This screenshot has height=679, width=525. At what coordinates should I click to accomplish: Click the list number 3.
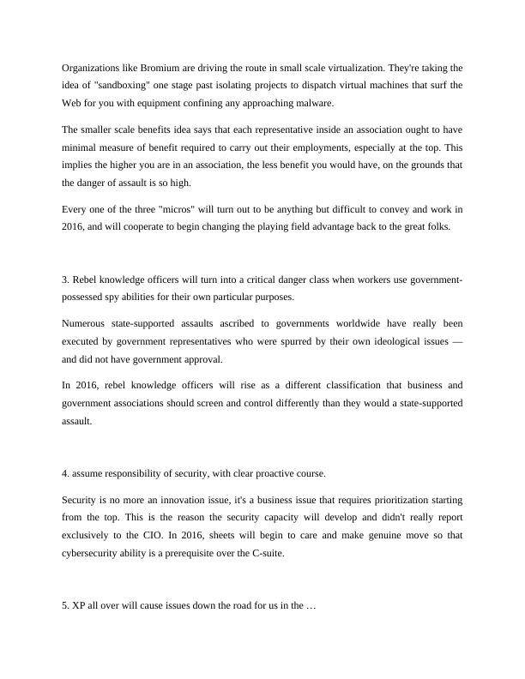point(65,280)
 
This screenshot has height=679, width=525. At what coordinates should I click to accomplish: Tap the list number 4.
point(65,473)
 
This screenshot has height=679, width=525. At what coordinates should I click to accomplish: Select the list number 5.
point(65,605)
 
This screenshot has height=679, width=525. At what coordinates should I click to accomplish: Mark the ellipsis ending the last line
point(311,605)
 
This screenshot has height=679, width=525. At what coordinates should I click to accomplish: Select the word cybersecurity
point(94,553)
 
